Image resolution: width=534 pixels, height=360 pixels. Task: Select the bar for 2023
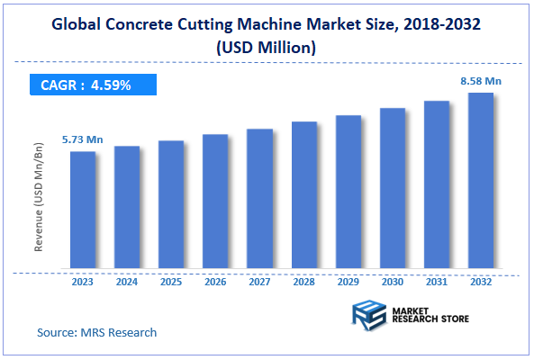(83, 211)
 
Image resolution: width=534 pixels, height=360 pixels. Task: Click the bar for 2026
(215, 202)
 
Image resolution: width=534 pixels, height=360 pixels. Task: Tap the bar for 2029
(348, 193)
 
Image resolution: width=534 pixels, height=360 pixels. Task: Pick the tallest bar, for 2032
(480, 181)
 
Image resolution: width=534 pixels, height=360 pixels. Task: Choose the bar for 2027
(259, 199)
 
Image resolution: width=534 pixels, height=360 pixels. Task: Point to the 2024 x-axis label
(127, 281)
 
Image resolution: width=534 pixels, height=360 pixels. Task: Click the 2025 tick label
(171, 281)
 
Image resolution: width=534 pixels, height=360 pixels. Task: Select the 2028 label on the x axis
(303, 281)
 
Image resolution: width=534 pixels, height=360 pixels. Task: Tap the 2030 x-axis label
(392, 281)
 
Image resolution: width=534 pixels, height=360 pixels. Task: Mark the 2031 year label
(436, 281)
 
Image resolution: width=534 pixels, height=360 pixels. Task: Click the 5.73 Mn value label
(82, 139)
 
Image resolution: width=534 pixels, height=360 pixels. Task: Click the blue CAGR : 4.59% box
(90, 85)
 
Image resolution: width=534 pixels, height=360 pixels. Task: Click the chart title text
(267, 35)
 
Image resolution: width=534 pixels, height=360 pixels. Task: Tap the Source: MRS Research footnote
(96, 332)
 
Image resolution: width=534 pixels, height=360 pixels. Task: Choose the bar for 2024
(127, 208)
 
